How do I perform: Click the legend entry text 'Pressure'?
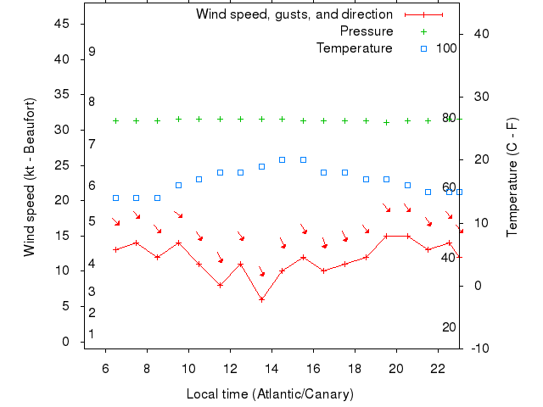pyautogui.click(x=367, y=31)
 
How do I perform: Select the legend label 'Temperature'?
pyautogui.click(x=354, y=47)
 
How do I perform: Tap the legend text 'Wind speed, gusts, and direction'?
pyautogui.click(x=294, y=14)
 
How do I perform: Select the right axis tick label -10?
pyautogui.click(x=479, y=348)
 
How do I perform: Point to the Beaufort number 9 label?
pyautogui.click(x=92, y=52)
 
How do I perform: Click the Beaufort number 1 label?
pyautogui.click(x=92, y=334)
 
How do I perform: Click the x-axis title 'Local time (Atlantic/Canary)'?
pyautogui.click(x=270, y=394)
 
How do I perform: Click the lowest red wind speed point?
pyautogui.click(x=262, y=299)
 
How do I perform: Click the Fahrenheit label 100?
pyautogui.click(x=446, y=47)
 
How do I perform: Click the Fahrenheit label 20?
pyautogui.click(x=450, y=327)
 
